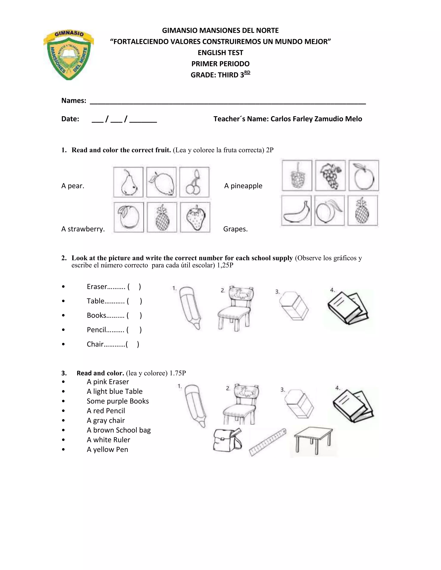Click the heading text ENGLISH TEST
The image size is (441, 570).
(x=220, y=53)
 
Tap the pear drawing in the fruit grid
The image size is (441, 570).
(x=129, y=182)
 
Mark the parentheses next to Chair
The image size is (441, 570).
(x=132, y=344)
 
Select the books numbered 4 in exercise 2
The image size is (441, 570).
(x=348, y=308)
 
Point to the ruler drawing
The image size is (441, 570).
(x=267, y=442)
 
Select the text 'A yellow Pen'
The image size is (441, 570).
(x=107, y=449)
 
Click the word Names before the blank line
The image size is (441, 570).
(x=74, y=101)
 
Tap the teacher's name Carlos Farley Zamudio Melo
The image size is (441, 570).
(x=316, y=119)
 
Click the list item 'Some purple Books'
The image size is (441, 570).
(x=118, y=401)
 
